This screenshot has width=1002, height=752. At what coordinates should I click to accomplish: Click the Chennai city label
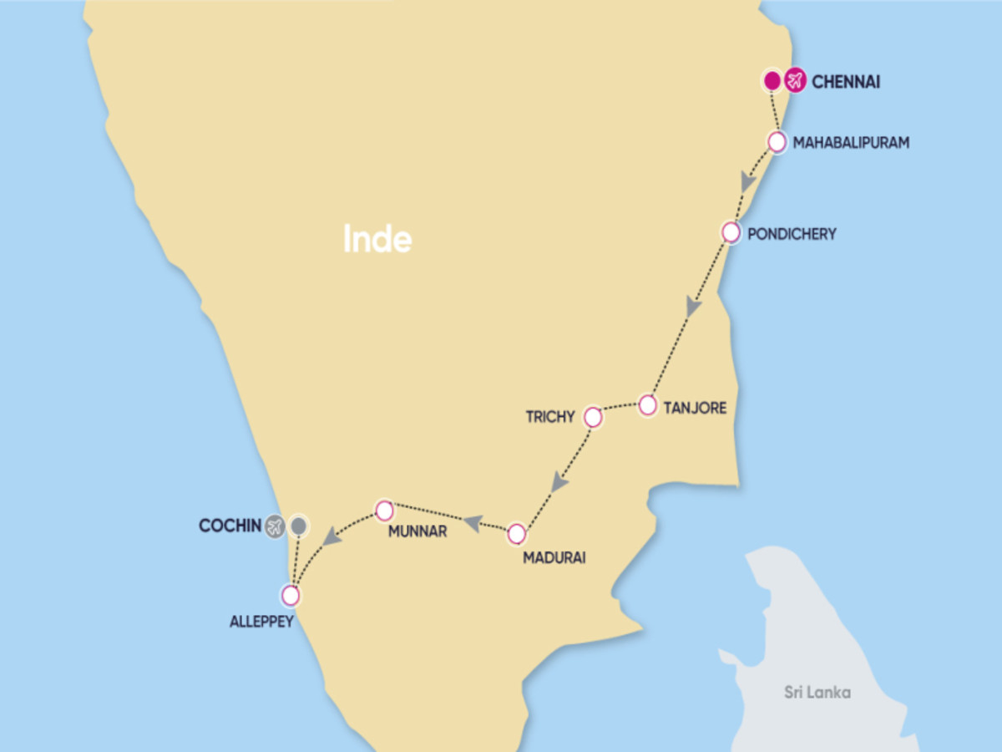coord(846,82)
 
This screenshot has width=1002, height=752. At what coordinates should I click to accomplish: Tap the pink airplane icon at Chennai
coord(795,81)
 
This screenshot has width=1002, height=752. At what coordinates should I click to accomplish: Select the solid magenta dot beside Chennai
coord(772,81)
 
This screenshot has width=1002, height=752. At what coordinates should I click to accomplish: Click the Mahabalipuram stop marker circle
coord(777,142)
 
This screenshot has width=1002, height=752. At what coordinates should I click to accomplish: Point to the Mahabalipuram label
coord(851,143)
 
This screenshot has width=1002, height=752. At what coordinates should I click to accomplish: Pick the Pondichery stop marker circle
coord(731,232)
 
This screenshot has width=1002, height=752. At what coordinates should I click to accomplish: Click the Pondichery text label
coord(792,234)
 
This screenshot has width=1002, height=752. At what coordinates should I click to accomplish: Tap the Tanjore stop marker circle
coord(648,405)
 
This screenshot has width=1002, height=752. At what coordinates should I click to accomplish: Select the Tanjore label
coord(695,409)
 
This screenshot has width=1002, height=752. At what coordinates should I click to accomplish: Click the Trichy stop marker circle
coord(593,416)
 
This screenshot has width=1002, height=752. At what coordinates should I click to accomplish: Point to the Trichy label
coord(550,416)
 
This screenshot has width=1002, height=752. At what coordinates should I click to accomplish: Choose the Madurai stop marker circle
coord(517,533)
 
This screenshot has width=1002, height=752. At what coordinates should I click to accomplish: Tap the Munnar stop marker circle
coord(384,510)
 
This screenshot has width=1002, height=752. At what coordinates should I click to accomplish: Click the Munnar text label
coord(417,531)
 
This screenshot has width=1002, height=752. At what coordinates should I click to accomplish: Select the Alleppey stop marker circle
coord(290,596)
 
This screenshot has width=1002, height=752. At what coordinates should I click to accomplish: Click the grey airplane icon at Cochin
coord(276,526)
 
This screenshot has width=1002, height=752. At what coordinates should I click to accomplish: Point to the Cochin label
coord(230,526)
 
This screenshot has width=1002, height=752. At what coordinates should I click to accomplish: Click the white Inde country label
coord(377,240)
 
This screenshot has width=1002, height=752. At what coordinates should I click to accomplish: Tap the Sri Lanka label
coord(817,692)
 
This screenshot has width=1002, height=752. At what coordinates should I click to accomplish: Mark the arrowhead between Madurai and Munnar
coord(473,522)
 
